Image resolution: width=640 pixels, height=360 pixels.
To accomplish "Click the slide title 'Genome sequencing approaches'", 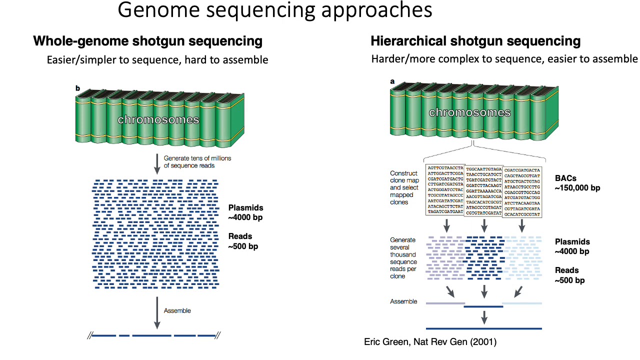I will coord(275,11).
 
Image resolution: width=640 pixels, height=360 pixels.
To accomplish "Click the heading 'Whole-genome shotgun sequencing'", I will coord(147,41).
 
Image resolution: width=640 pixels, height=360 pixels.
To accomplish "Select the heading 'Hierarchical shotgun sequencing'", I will coord(475,41).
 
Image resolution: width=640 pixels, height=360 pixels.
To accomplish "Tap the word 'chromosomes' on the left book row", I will coord(158,120).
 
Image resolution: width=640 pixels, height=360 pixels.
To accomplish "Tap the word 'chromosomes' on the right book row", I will coord(470,112).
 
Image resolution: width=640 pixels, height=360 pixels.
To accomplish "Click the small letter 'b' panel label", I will coord(77,88).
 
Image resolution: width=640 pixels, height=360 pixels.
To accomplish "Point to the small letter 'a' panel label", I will coord(392,81).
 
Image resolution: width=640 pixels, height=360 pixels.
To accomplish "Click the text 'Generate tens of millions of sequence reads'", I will coord(197,162).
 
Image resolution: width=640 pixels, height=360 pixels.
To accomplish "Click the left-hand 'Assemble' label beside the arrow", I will coord(177,310).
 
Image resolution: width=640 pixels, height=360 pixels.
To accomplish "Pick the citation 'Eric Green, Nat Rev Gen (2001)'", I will coord(430,342).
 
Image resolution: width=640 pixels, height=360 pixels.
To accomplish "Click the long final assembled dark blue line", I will coord(483,328).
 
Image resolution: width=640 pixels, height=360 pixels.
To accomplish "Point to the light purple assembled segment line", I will coord(445,303).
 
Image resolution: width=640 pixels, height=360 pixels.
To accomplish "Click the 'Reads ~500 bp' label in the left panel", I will coord(243,241).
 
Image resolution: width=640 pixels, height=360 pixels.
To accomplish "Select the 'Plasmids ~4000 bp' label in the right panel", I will coord(572,246).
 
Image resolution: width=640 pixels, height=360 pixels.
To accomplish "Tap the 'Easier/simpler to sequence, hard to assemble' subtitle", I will coord(157,60).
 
